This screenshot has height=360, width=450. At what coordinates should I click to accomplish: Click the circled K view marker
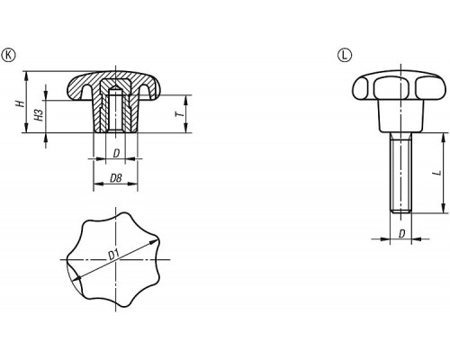click(x=9, y=55)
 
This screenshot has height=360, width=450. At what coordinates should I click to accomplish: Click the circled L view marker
click(x=345, y=55)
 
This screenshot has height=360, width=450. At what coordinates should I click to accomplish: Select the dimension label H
click(x=20, y=103)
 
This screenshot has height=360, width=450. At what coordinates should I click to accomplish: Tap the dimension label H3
click(x=39, y=115)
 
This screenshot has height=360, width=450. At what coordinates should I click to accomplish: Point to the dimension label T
click(x=179, y=113)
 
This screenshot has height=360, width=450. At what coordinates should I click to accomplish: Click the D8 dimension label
click(x=116, y=178)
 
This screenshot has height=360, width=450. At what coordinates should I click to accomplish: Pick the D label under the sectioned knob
click(x=116, y=154)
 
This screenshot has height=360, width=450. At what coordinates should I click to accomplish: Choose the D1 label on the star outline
click(x=113, y=255)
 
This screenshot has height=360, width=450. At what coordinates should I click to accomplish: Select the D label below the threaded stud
click(x=402, y=234)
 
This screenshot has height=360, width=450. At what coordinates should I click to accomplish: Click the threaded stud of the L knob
click(x=401, y=173)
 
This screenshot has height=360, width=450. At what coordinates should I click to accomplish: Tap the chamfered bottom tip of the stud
click(x=401, y=211)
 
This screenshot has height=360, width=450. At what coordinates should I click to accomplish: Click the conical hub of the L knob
click(x=401, y=116)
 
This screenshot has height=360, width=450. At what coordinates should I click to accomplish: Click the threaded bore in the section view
click(x=116, y=110)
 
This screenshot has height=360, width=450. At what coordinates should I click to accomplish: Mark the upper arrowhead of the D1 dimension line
click(x=154, y=242)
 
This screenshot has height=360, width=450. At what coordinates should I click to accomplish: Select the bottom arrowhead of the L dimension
click(x=443, y=209)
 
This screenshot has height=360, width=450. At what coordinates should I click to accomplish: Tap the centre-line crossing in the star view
click(x=116, y=259)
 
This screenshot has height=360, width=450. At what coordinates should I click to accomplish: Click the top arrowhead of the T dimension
click(x=186, y=99)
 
